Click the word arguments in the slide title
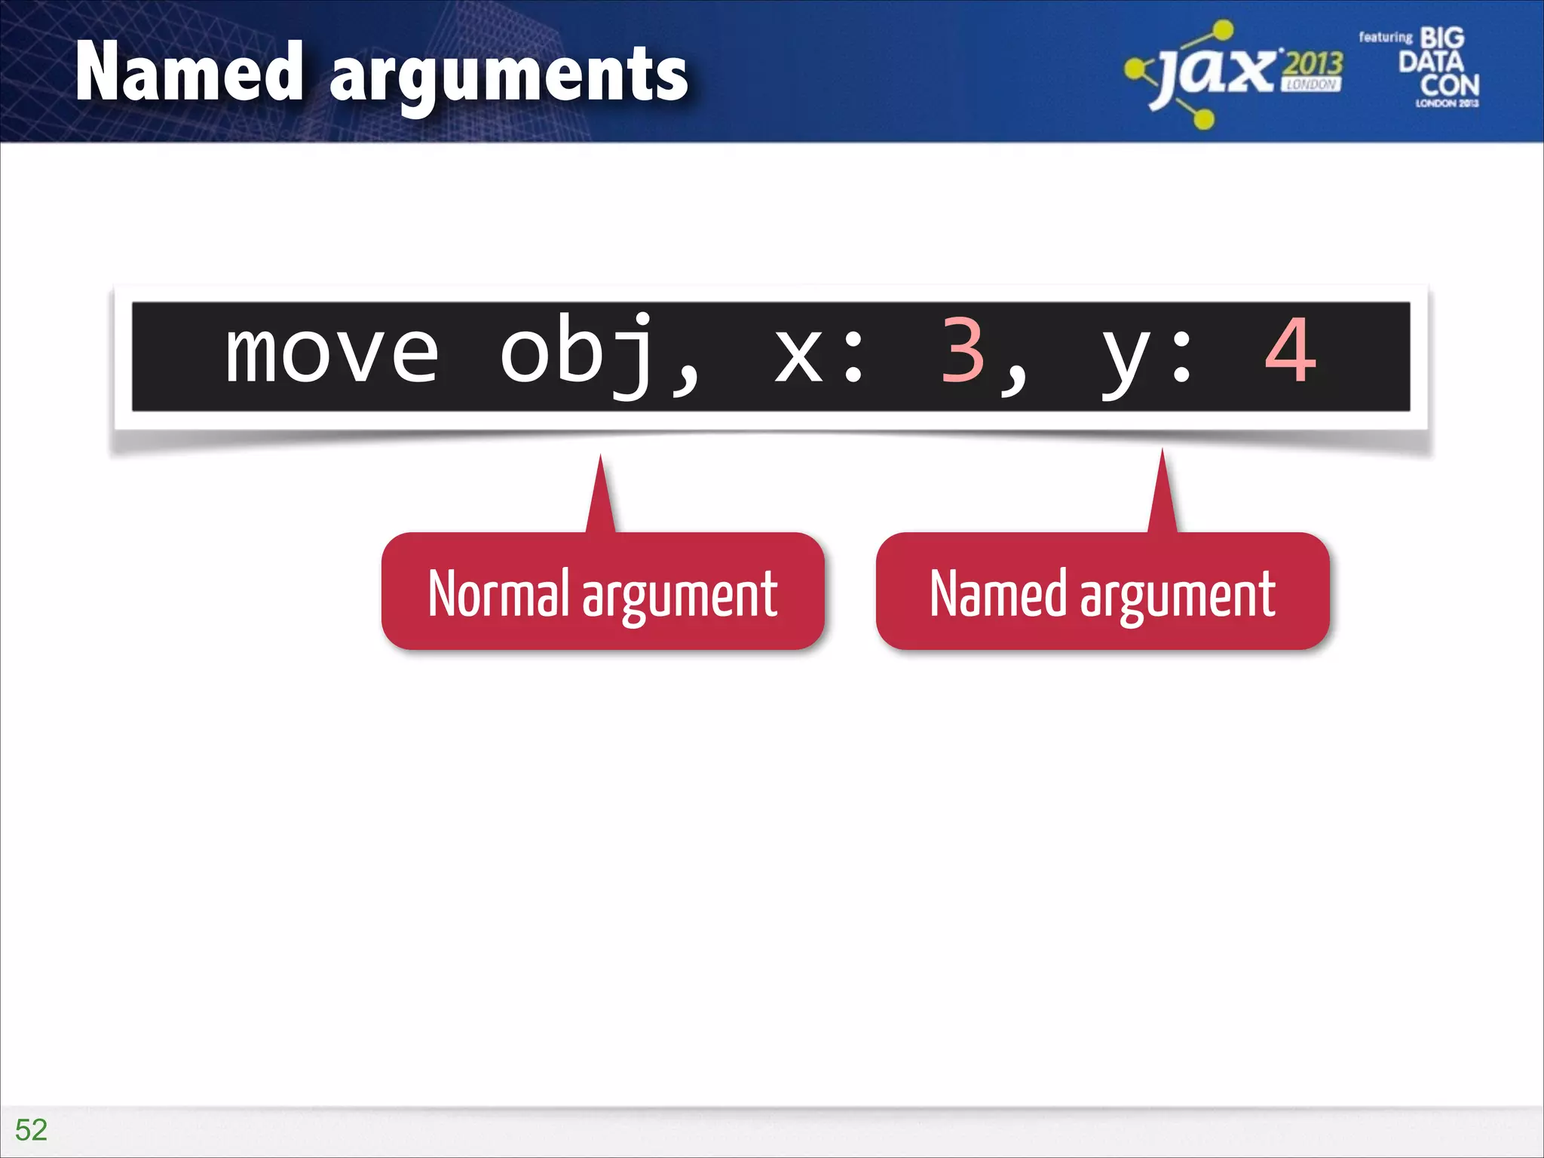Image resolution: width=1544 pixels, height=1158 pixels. coord(509,75)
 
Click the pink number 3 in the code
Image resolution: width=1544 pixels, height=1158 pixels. coord(963,351)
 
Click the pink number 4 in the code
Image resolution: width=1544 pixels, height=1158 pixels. coord(1291,351)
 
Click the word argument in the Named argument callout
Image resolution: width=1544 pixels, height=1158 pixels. coord(1178,597)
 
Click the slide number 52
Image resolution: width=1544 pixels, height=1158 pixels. coord(31,1129)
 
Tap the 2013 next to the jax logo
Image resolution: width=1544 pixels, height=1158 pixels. coord(1313,65)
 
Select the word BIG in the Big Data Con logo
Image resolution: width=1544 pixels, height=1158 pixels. coord(1442,38)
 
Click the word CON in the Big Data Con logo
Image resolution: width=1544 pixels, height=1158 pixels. coord(1449,84)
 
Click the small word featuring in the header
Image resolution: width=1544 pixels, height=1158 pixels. coord(1385,37)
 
